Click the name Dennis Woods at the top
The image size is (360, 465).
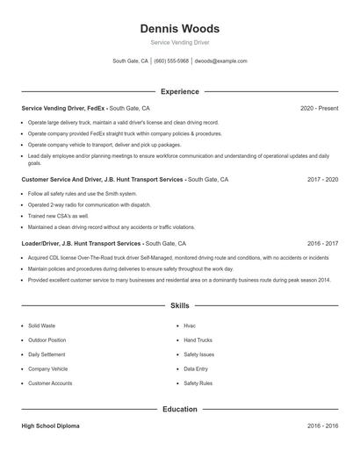coord(180,28)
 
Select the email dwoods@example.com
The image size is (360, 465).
coord(220,61)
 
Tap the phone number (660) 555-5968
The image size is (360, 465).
coord(172,61)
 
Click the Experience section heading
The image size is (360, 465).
coord(180,91)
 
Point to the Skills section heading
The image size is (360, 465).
coord(180,306)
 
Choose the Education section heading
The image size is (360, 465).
coord(180,410)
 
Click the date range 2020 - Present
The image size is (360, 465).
coord(319,108)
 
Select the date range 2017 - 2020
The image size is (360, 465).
coord(322,179)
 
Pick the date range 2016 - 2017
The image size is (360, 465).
coord(322,243)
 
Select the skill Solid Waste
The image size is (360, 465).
coord(41,325)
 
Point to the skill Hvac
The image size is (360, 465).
coord(190,325)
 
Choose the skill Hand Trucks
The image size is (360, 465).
coord(198,340)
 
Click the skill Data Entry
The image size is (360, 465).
coord(196,369)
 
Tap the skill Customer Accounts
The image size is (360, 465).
coord(50,383)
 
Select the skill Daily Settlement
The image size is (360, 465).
coord(47,354)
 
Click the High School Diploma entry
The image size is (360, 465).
coord(50,426)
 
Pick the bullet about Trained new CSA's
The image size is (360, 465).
coord(58,216)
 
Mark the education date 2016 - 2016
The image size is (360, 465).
coord(322,426)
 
